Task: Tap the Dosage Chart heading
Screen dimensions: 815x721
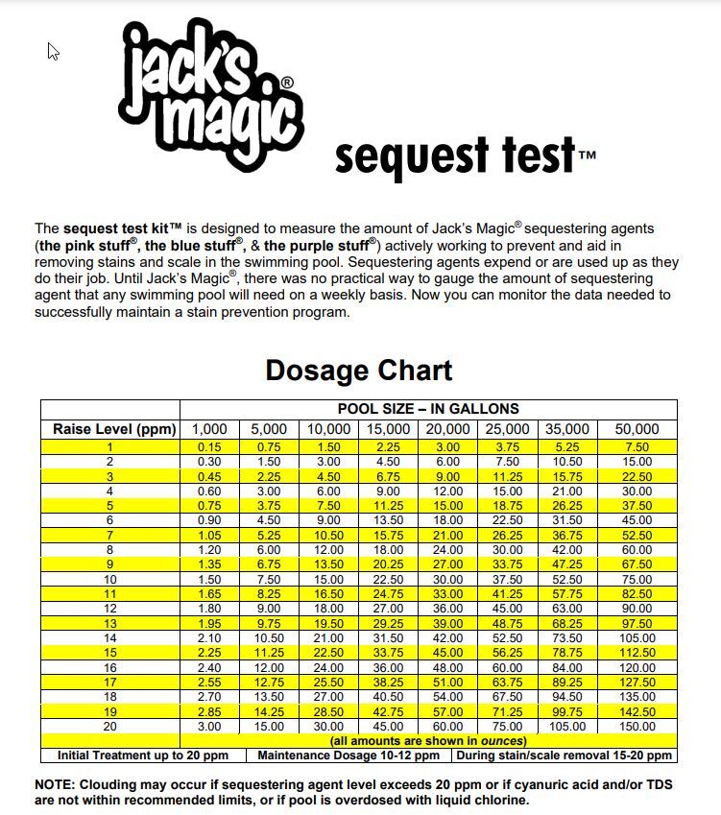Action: pos(358,371)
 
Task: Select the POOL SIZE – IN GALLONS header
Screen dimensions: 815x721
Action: pos(428,409)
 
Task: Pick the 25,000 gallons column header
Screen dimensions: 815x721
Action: pos(507,429)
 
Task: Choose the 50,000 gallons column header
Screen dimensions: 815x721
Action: pos(637,429)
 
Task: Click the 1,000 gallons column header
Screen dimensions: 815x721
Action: pos(209,429)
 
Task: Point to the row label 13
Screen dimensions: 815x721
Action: pos(109,624)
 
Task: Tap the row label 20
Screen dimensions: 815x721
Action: pos(109,727)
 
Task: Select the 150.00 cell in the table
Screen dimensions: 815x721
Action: pos(637,727)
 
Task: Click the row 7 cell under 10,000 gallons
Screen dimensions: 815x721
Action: pos(328,536)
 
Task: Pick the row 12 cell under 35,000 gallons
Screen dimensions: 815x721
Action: pos(567,609)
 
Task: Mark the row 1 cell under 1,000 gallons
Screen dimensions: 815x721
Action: pos(209,447)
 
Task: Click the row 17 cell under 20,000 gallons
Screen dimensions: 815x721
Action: pos(447,683)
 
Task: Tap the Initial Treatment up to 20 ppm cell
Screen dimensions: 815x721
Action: pos(142,755)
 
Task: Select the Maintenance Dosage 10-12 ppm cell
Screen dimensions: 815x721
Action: pos(348,755)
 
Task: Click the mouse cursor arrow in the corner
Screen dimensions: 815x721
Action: pos(53,50)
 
